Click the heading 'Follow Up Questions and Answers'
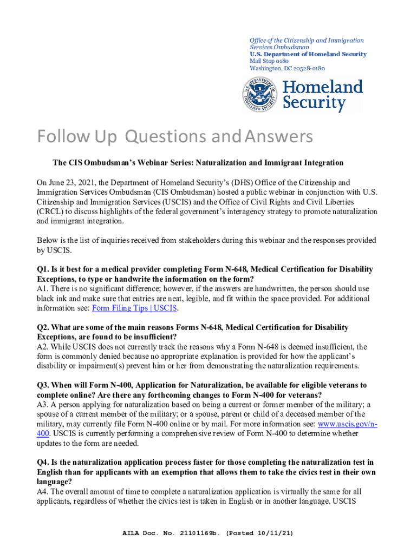point(175,137)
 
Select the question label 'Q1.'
point(43,269)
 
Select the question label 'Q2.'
point(43,328)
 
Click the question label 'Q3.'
point(43,385)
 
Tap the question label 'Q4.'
point(43,463)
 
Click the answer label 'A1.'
point(42,289)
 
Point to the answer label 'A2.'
point(42,347)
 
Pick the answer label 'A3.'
point(42,405)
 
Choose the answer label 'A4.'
point(42,492)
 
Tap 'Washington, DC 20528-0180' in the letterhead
point(287,68)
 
